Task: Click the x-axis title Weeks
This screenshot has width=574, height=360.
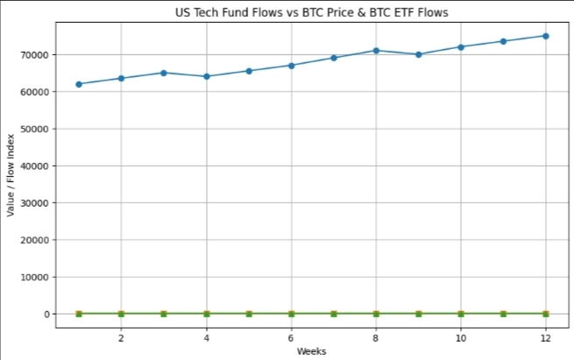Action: [x=312, y=350]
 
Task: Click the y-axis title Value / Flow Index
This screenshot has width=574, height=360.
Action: [x=11, y=176]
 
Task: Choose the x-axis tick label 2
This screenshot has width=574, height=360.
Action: [x=121, y=337]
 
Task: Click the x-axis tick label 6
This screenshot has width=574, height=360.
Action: [x=291, y=337]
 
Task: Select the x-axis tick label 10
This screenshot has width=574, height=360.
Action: [x=461, y=337]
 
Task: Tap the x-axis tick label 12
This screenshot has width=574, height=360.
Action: [x=545, y=337]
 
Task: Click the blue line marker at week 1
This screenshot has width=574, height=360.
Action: [x=79, y=84]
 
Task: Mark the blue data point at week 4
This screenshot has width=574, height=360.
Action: [x=206, y=76]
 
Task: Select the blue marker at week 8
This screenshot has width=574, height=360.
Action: [x=376, y=51]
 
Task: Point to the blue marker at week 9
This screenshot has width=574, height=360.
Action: [x=418, y=54]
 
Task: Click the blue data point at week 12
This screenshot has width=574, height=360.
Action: [x=545, y=36]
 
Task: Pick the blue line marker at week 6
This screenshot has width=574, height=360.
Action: [x=291, y=65]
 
